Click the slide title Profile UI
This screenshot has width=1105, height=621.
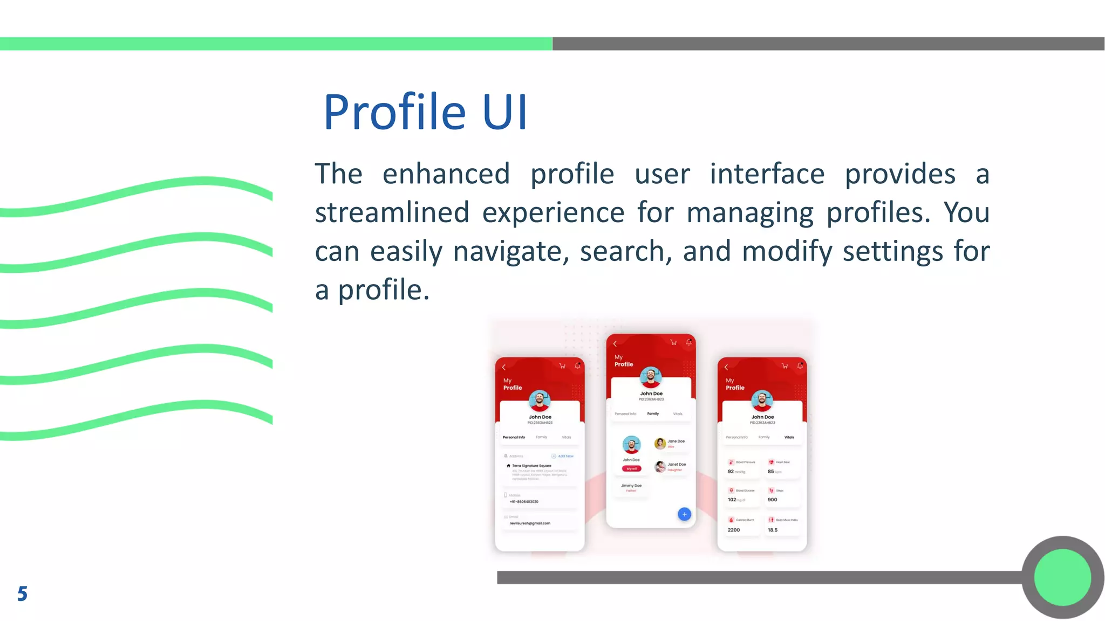pyautogui.click(x=425, y=112)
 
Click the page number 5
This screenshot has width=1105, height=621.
pyautogui.click(x=22, y=594)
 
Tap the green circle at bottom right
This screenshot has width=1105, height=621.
pyautogui.click(x=1062, y=577)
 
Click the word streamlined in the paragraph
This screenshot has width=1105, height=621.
pyautogui.click(x=392, y=212)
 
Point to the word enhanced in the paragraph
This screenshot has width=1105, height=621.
pyautogui.click(x=446, y=174)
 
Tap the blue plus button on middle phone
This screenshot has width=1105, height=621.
pyautogui.click(x=684, y=514)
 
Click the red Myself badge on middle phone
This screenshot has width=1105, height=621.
pyautogui.click(x=631, y=468)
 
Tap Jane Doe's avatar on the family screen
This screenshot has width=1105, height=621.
pyautogui.click(x=659, y=444)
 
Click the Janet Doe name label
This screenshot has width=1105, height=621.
pyautogui.click(x=677, y=464)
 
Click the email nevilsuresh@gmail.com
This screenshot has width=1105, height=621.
pyautogui.click(x=530, y=523)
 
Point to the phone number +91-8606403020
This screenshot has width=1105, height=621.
pyautogui.click(x=524, y=501)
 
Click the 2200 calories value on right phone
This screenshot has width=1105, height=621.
pyautogui.click(x=734, y=530)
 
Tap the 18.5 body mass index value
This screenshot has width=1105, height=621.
pyautogui.click(x=773, y=530)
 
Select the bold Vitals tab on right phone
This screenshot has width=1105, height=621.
pyautogui.click(x=789, y=437)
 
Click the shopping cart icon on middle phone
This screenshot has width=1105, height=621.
pyautogui.click(x=673, y=342)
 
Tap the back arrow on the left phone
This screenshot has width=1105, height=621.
pyautogui.click(x=504, y=367)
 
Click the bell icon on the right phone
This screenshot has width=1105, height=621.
pyautogui.click(x=800, y=365)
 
